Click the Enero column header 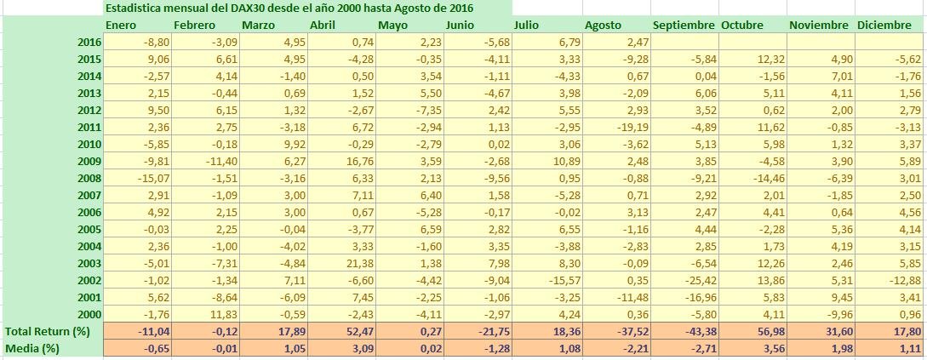coord(121,25)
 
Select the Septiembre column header coord(684,25)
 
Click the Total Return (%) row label coord(48,330)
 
